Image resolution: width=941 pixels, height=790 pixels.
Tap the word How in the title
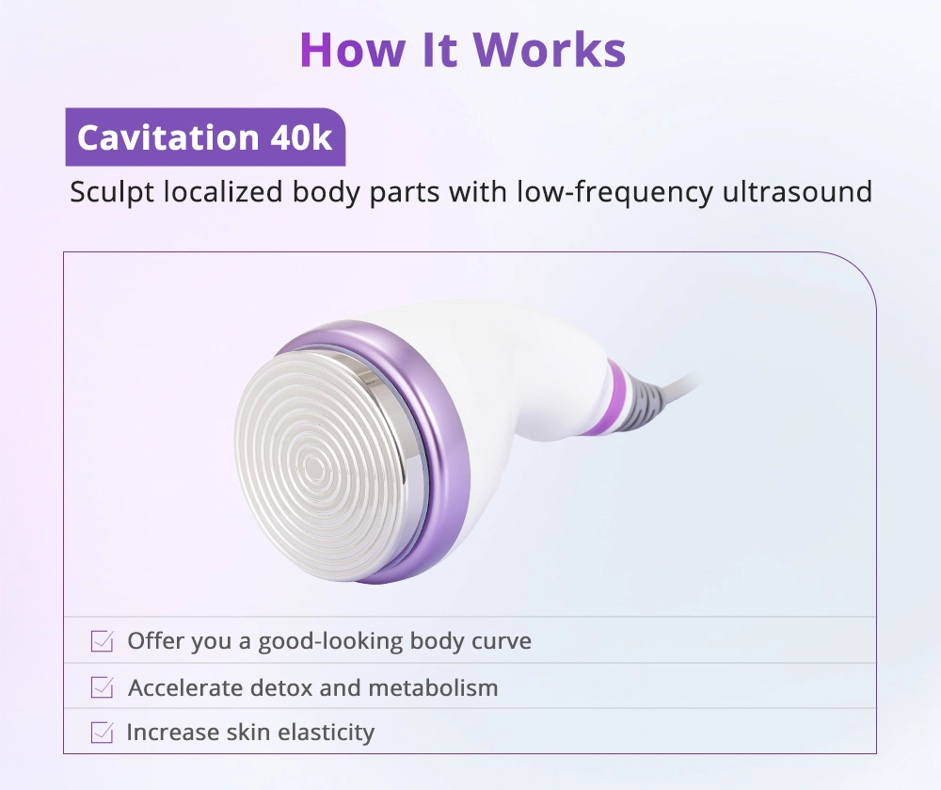tap(352, 49)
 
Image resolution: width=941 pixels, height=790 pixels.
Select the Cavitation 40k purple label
tap(205, 137)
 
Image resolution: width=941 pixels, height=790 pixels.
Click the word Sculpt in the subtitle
tap(112, 193)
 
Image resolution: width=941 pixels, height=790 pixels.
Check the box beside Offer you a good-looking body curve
tap(102, 641)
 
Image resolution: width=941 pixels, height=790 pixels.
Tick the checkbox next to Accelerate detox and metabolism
tap(102, 687)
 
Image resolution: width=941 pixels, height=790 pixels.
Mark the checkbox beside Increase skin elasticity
tap(102, 733)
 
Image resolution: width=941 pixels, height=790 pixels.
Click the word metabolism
tap(433, 688)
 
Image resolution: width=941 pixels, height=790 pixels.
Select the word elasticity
tap(317, 733)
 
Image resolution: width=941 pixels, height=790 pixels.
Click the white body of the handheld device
tap(510, 384)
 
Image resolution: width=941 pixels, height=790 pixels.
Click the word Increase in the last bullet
tap(173, 733)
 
